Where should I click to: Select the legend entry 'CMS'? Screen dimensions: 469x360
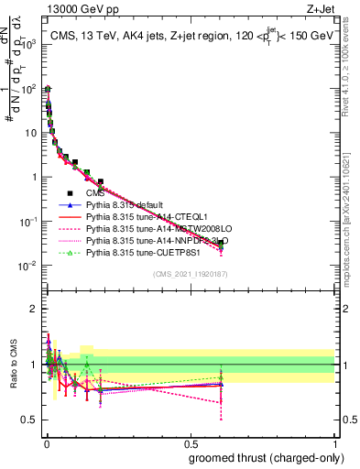pyautogui.click(x=95, y=193)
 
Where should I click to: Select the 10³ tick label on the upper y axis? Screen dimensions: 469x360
pyautogui.click(x=29, y=44)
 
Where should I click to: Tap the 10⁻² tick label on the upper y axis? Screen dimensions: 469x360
pyautogui.click(x=29, y=266)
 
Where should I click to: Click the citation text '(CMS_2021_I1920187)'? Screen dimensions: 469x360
pyautogui.click(x=190, y=274)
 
